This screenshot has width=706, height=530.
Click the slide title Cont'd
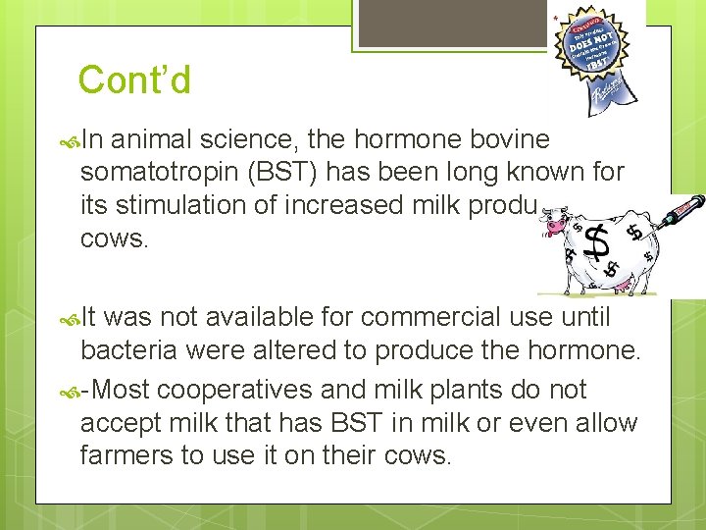pos(134,80)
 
